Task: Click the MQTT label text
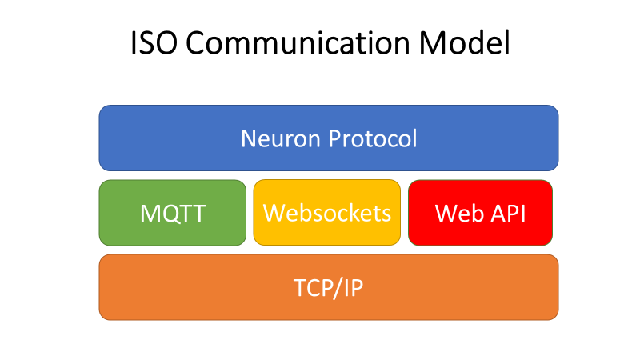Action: [x=172, y=214]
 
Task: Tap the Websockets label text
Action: [x=327, y=214]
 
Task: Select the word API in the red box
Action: [x=506, y=214]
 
